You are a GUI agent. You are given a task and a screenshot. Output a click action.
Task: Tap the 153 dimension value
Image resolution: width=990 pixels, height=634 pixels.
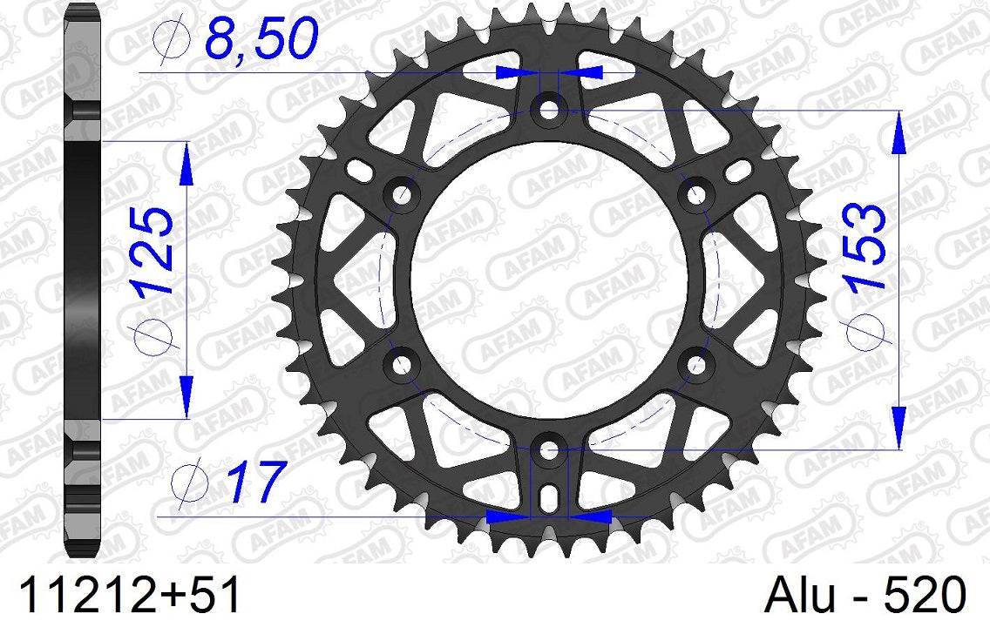[x=865, y=246]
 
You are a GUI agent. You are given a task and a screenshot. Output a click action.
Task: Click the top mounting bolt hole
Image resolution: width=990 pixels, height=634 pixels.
[x=548, y=111]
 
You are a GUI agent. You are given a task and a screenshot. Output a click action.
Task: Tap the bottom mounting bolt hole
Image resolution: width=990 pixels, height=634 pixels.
[x=548, y=450]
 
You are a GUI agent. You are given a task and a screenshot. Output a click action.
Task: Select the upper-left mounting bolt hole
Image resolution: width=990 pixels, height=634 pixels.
[x=402, y=196]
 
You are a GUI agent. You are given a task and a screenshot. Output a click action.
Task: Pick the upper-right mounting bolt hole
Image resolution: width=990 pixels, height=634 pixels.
[x=695, y=196]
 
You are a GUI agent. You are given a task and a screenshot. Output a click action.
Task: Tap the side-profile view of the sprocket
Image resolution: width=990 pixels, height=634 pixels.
[x=84, y=279]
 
